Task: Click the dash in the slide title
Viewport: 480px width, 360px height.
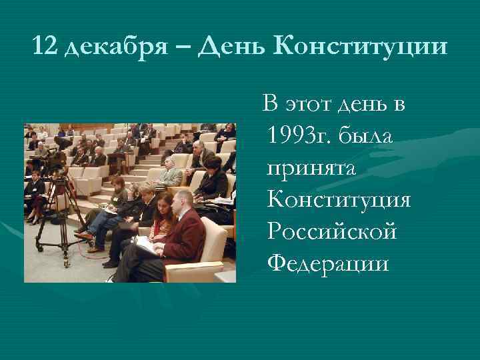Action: pos(187,48)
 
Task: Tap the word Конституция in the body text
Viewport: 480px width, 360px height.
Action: pos(338,200)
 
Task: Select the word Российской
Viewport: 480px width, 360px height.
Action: pos(331,231)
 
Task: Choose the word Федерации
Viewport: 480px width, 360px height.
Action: pos(327,263)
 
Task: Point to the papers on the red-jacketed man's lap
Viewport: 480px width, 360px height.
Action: pos(147,245)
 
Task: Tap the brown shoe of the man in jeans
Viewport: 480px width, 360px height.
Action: pos(83,235)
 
